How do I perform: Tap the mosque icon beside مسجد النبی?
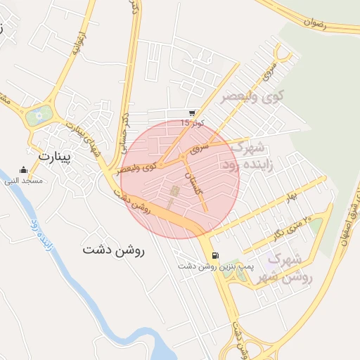click(x=24, y=170)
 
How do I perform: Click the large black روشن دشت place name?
click(x=112, y=250)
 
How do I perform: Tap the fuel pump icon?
click(x=214, y=255)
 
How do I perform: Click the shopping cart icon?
click(x=192, y=112)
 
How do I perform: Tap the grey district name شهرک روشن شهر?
click(x=283, y=268)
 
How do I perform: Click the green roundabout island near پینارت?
click(x=39, y=113)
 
